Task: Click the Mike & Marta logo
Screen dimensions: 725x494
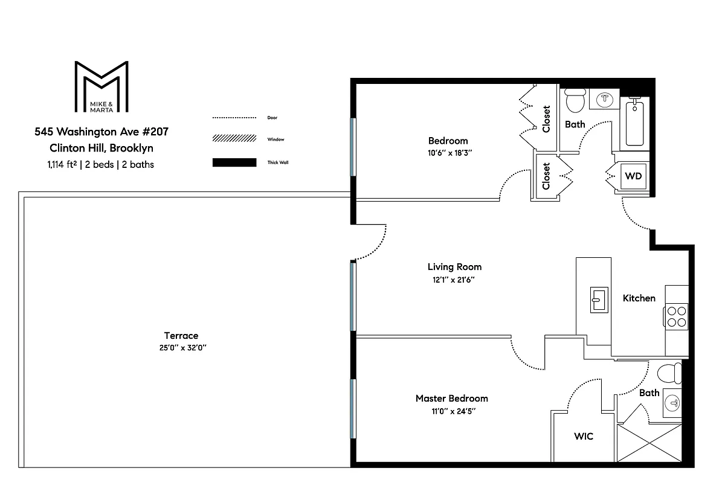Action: coord(101,87)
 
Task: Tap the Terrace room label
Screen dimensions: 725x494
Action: coord(181,336)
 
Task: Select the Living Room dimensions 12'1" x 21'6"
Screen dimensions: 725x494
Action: coord(454,280)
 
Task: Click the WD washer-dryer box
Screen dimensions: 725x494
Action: coord(633,176)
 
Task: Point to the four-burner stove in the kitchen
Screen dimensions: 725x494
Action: coord(677,316)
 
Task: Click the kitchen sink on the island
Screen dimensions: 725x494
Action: coord(599,300)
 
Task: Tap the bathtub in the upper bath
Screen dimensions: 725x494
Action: coord(634,123)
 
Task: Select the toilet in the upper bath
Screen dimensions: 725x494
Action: coord(575,100)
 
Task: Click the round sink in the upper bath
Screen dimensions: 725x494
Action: coord(605,99)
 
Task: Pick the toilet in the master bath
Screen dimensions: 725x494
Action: coord(669,373)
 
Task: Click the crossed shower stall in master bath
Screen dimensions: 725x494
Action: coord(649,443)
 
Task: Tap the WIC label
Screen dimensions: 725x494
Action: coord(584,436)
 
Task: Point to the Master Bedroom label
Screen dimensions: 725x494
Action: coord(452,398)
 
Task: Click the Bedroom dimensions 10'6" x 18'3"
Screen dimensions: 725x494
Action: coord(450,153)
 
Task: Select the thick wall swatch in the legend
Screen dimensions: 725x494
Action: coord(234,162)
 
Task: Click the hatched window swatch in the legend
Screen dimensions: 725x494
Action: coord(234,138)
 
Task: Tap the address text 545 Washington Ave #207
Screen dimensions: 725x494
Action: coord(101,132)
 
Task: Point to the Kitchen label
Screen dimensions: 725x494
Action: coord(639,298)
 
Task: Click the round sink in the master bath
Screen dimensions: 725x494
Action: coord(672,403)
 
